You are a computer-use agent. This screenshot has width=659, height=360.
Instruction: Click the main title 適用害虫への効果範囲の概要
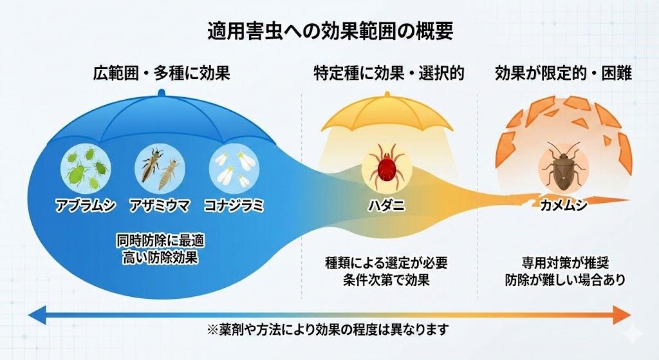click(329, 30)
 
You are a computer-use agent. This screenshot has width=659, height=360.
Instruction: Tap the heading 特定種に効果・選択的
click(389, 73)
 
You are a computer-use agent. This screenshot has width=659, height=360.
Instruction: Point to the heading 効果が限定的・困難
click(563, 73)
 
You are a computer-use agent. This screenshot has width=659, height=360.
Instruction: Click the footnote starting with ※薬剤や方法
click(328, 329)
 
